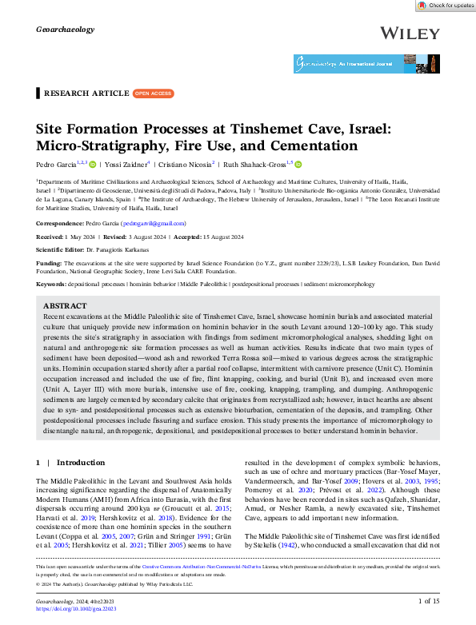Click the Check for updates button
[446, 5]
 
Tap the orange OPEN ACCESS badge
[152, 94]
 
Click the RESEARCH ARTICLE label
[86, 94]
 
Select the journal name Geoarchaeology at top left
[66, 30]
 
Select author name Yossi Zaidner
[127, 165]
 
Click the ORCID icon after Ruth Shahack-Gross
[298, 165]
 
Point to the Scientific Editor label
[63, 249]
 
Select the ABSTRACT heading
[65, 306]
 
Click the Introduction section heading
[81, 462]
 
